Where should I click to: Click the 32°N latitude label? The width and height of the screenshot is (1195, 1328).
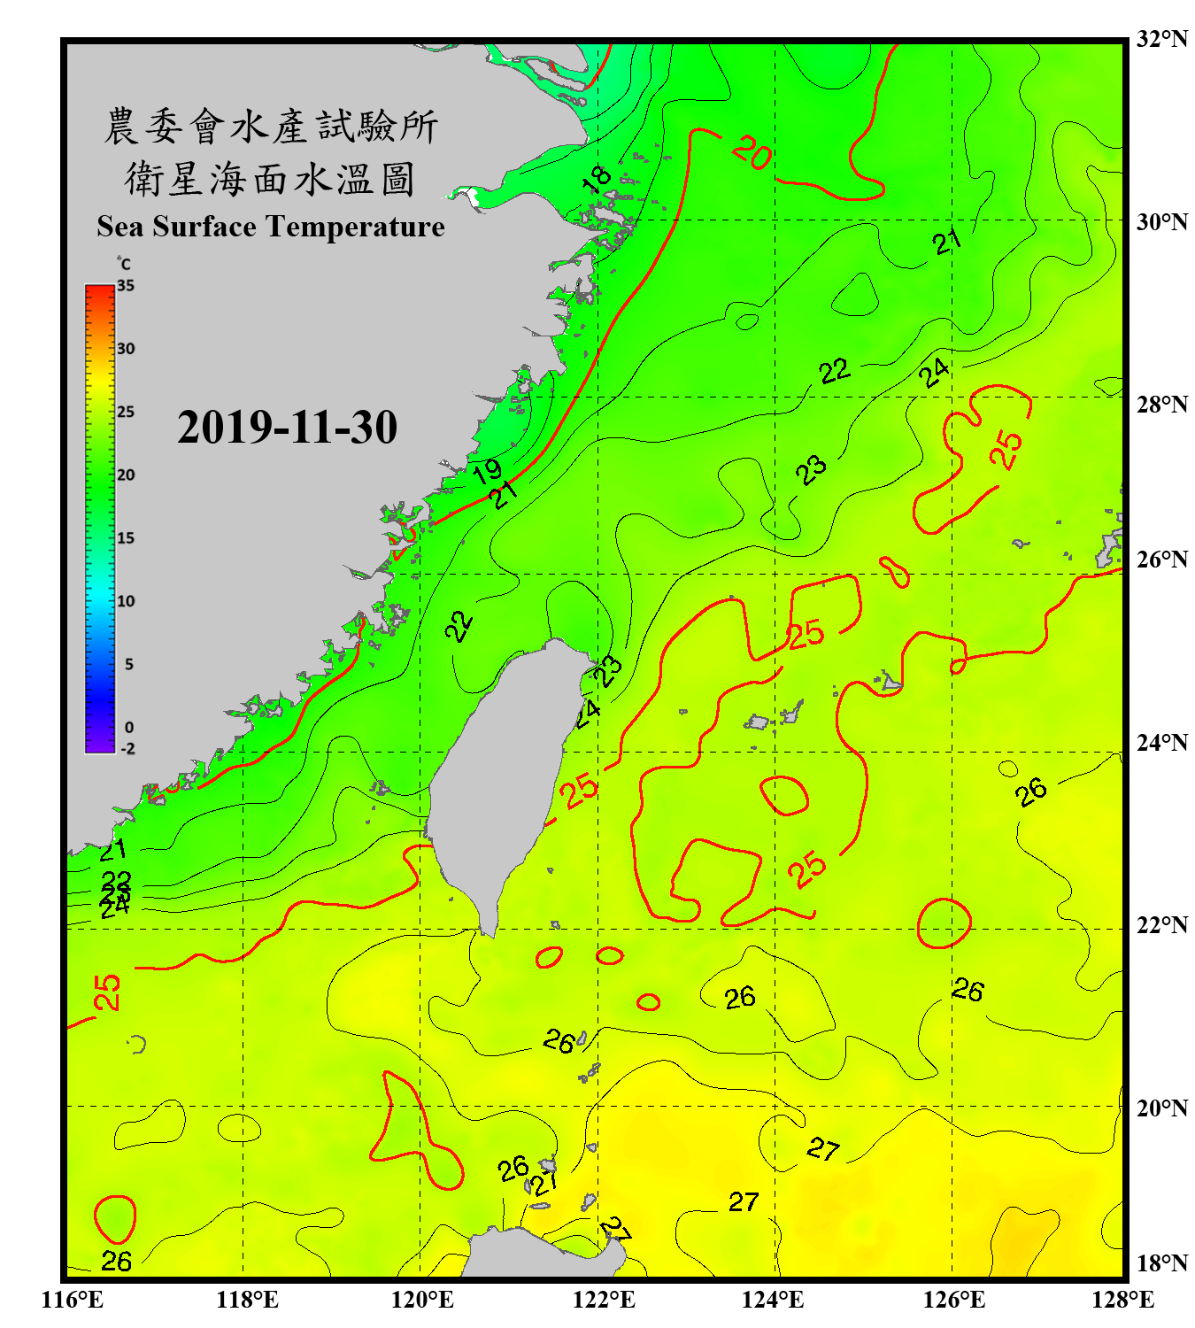1161,39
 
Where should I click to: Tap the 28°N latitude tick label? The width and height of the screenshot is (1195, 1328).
1161,405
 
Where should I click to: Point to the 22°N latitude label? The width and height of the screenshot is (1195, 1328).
1161,925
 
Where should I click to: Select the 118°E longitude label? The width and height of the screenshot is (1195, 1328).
247,1300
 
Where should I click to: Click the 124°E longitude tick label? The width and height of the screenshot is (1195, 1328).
773,1300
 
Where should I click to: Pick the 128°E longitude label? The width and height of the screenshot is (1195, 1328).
1122,1300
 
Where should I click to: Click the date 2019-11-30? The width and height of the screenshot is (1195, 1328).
287,428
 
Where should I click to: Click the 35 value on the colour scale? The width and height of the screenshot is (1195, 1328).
126,286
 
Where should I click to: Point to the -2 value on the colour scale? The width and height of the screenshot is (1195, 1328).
127,749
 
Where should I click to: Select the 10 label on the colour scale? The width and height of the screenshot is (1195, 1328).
126,601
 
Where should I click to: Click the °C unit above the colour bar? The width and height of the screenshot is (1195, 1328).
124,264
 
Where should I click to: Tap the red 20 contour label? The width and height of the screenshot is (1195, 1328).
752,153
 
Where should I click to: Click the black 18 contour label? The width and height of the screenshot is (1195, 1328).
597,179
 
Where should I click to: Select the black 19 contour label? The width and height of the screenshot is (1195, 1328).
487,471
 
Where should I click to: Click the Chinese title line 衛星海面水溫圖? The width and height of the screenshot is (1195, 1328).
270,179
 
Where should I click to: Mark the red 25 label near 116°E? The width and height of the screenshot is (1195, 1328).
107,992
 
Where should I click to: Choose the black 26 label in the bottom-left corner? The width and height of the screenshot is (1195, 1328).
116,1262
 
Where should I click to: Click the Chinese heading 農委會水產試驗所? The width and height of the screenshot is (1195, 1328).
270,127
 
